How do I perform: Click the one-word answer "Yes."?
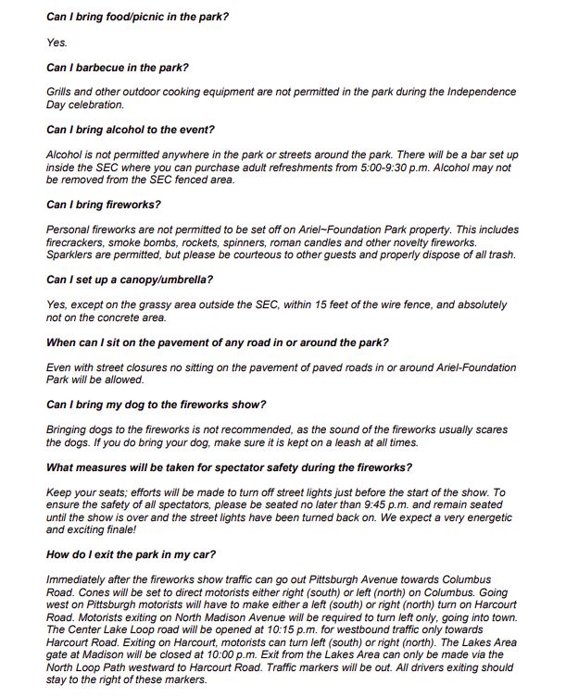pos(57,43)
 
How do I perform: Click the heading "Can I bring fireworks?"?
pos(103,204)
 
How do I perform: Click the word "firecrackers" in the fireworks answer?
pos(75,242)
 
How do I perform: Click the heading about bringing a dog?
pos(156,404)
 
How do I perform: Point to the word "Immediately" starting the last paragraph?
pos(76,580)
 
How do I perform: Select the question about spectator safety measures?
pos(229,467)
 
